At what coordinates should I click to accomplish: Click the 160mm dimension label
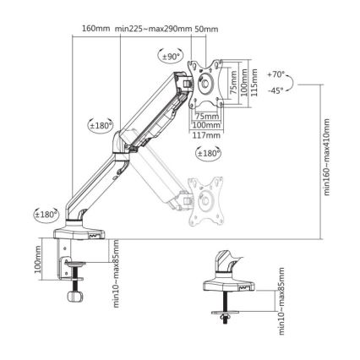click(x=96, y=28)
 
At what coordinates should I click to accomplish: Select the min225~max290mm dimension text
click(x=151, y=28)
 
